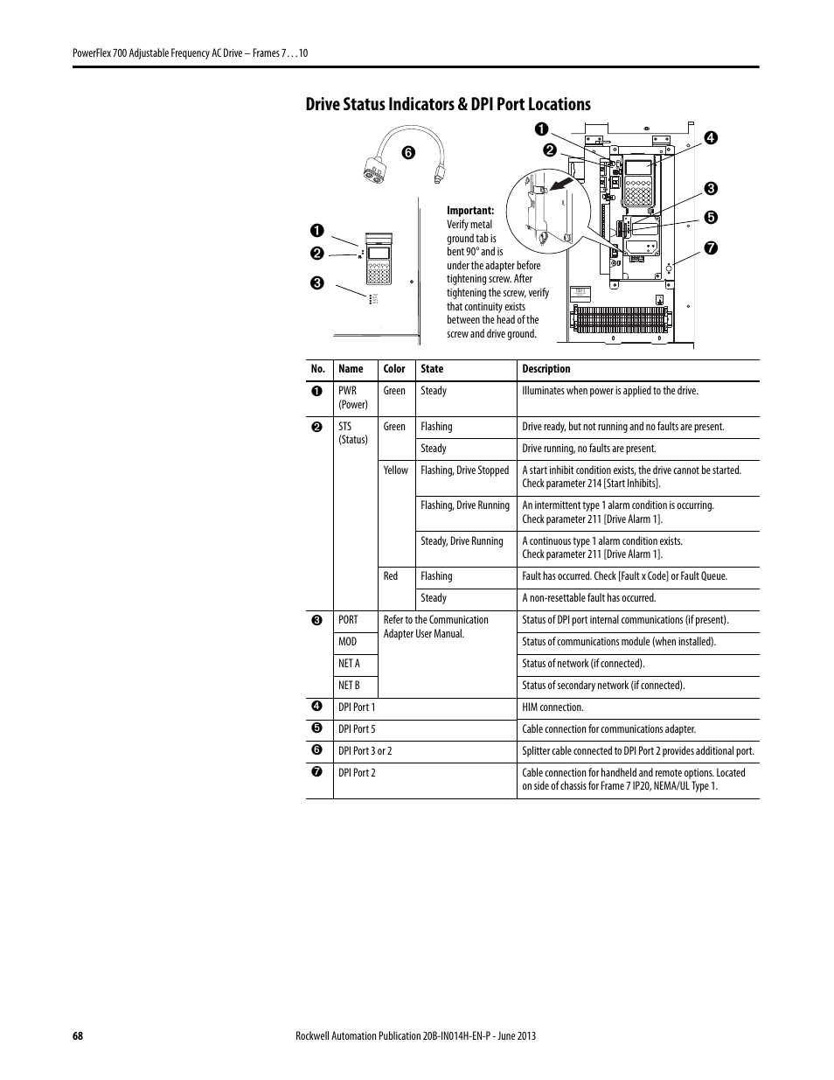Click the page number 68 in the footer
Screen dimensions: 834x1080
click(x=78, y=1035)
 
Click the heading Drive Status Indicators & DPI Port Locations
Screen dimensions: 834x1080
click(x=448, y=104)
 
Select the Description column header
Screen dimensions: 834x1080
click(x=546, y=369)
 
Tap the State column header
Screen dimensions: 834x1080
click(x=432, y=369)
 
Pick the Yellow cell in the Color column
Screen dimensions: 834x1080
click(x=395, y=470)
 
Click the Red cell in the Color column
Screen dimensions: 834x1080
click(x=391, y=576)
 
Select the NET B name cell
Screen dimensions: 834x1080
click(x=349, y=686)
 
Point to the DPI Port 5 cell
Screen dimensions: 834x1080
click(x=357, y=729)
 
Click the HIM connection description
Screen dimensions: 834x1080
click(x=553, y=707)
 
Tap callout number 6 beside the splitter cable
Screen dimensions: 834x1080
click(x=408, y=153)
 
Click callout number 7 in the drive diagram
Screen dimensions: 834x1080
click(x=711, y=247)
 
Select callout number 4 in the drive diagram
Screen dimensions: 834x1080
click(x=711, y=137)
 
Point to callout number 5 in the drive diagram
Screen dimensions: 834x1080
click(x=711, y=217)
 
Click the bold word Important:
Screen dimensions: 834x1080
click(x=470, y=210)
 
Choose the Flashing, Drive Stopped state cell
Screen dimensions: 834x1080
click(x=465, y=470)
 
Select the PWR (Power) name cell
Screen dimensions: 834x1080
click(x=353, y=398)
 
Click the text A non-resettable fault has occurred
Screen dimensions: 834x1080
click(x=588, y=598)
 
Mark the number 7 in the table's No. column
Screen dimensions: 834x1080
click(x=316, y=771)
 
